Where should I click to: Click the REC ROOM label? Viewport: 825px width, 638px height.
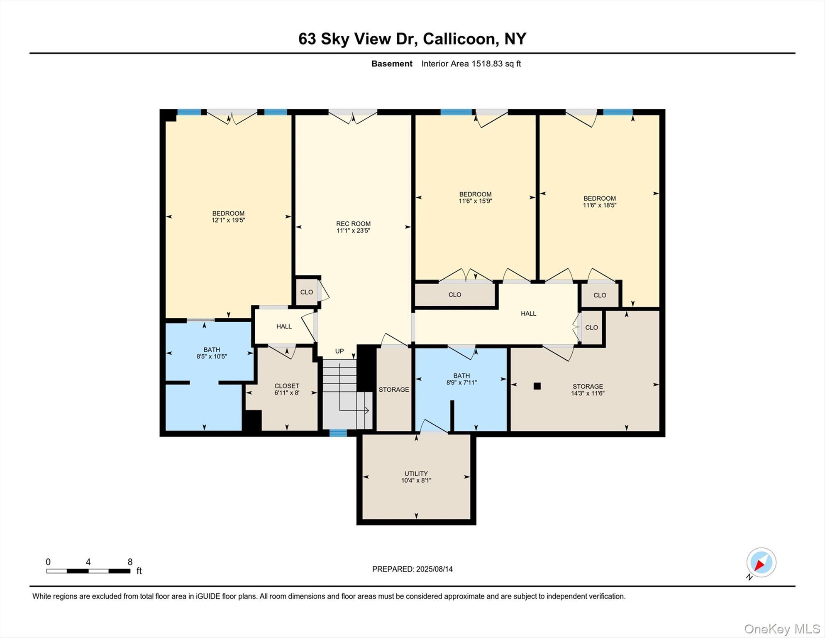point(353,224)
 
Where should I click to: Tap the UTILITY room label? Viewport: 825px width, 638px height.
point(416,474)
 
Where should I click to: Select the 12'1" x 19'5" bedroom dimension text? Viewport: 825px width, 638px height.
point(228,220)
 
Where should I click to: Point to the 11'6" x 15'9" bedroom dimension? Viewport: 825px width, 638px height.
point(475,201)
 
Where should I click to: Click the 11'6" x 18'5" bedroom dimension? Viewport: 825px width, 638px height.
point(599,205)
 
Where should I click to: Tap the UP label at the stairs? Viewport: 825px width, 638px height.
point(339,351)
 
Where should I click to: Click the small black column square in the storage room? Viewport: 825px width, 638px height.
point(537,386)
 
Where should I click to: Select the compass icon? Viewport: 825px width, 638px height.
point(761,562)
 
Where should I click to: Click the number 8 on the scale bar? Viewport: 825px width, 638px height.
point(130,562)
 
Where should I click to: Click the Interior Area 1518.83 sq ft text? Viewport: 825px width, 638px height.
point(471,64)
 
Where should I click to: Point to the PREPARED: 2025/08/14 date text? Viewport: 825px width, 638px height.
point(412,569)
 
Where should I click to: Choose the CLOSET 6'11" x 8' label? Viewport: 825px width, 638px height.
point(287,389)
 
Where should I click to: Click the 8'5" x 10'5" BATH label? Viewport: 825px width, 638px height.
point(212,353)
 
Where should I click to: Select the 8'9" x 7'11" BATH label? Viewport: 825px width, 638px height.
point(461,379)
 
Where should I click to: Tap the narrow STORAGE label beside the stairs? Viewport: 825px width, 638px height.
point(393,390)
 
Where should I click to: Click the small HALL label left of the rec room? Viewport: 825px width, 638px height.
point(284,326)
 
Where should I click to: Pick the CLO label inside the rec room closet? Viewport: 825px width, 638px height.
point(307,292)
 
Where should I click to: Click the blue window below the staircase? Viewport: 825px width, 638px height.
point(338,433)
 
